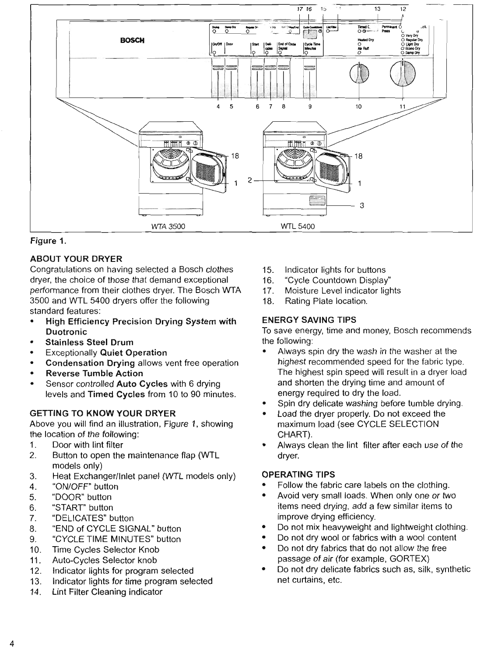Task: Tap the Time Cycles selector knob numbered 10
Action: (x=359, y=73)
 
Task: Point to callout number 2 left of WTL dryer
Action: (x=249, y=180)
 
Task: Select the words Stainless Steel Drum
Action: (x=89, y=342)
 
